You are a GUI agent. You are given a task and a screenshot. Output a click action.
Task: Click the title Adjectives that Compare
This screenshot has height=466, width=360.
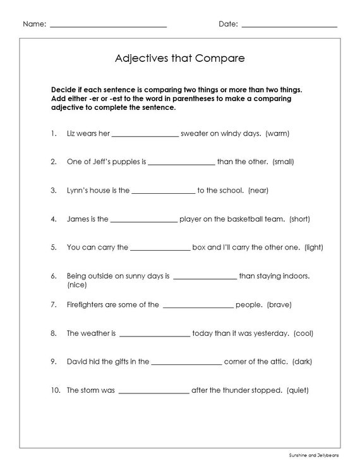179,59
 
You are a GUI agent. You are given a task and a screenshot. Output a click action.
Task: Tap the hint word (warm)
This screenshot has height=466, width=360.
277,134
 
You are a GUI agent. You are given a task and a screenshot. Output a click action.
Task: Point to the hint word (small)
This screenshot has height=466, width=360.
283,162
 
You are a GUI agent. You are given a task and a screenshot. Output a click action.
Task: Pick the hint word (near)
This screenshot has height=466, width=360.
258,191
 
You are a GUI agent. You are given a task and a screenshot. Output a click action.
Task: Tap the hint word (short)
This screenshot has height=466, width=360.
299,220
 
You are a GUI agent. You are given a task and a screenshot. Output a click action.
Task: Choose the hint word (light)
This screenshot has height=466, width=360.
314,248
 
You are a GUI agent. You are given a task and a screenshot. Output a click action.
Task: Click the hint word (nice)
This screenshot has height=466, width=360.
77,285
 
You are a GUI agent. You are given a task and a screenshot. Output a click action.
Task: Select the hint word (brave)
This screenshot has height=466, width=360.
279,304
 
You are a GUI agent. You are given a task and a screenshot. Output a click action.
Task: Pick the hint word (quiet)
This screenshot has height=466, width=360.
297,390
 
